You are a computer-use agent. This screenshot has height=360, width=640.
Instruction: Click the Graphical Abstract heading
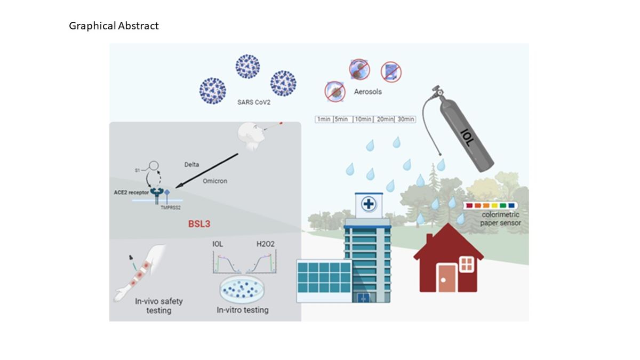(114, 26)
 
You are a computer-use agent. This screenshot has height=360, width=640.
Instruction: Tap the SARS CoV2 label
(254, 102)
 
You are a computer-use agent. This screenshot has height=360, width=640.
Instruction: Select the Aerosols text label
(368, 92)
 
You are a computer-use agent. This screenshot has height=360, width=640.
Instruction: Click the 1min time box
(324, 119)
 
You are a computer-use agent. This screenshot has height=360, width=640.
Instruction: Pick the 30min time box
(405, 119)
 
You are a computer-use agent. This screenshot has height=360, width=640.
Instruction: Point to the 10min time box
(363, 119)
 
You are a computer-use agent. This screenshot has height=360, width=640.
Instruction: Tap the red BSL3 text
(199, 224)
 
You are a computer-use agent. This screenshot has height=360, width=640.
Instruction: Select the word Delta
(191, 164)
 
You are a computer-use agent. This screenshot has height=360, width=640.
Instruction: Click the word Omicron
(215, 181)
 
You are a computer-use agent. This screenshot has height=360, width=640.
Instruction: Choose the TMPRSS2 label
(171, 207)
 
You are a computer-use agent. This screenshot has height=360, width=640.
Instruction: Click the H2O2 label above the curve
(266, 244)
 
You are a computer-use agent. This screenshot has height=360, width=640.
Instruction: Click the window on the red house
(466, 263)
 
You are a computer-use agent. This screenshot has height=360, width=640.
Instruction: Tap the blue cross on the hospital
(367, 204)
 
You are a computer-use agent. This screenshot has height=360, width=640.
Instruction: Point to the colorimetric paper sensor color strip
(489, 205)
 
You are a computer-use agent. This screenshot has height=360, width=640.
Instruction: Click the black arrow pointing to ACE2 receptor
(209, 170)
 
